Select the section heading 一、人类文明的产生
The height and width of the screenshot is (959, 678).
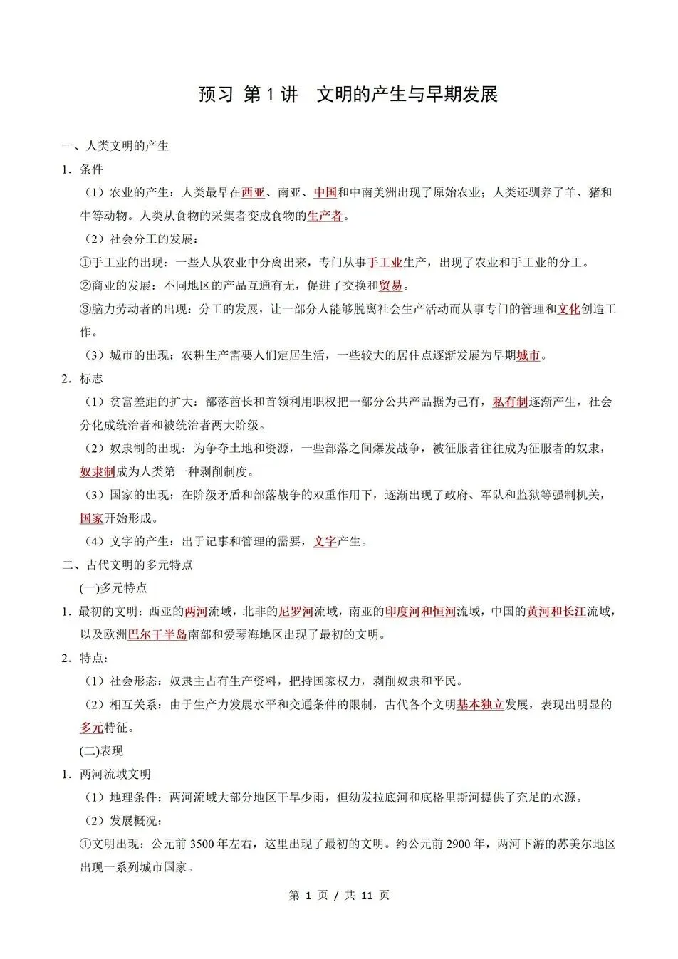pyautogui.click(x=115, y=146)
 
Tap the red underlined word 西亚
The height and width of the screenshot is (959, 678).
pyautogui.click(x=253, y=192)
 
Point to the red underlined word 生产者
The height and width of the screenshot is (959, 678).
pyautogui.click(x=325, y=216)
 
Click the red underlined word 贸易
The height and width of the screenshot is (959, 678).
pyautogui.click(x=390, y=285)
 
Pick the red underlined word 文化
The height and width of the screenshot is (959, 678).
pyautogui.click(x=568, y=309)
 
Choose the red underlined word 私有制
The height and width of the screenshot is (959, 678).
pyautogui.click(x=510, y=402)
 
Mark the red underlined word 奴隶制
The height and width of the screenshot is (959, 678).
pyautogui.click(x=98, y=471)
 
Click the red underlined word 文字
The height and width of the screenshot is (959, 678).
pyautogui.click(x=325, y=541)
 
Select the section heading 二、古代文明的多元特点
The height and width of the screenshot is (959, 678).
pyautogui.click(x=127, y=565)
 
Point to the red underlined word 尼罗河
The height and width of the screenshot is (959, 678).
pyautogui.click(x=296, y=611)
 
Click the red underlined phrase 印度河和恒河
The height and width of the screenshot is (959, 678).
pyautogui.click(x=420, y=611)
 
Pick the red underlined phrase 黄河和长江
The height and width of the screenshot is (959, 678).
pyautogui.click(x=556, y=611)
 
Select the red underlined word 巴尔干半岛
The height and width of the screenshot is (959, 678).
pyautogui.click(x=157, y=634)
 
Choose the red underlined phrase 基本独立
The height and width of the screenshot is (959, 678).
pyautogui.click(x=480, y=704)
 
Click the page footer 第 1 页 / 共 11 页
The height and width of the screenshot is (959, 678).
pyautogui.click(x=339, y=895)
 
